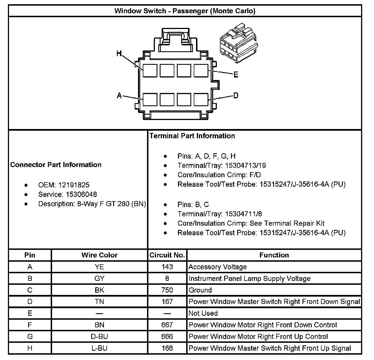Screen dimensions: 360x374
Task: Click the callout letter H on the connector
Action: click(119, 53)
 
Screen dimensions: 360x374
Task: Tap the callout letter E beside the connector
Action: click(236, 75)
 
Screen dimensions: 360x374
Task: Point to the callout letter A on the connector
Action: click(119, 96)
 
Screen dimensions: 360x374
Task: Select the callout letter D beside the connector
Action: click(236, 95)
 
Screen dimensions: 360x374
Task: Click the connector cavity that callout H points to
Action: click(150, 70)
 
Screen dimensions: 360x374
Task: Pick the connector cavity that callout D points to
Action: click(201, 99)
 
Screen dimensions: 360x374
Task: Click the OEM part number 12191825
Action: click(74, 185)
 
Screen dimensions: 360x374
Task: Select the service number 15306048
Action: click(81, 194)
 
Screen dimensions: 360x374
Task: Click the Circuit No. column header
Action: click(167, 255)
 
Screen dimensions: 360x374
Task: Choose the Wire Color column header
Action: click(99, 255)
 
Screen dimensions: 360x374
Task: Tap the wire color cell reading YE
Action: click(99, 267)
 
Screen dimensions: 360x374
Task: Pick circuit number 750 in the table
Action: click(167, 290)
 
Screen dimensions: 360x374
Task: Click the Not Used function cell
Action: click(203, 313)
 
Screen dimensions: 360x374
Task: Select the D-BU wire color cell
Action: click(99, 337)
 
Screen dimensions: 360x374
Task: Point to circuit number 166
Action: click(167, 348)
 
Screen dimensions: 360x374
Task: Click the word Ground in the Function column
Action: click(200, 290)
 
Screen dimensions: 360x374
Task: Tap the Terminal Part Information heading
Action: click(192, 136)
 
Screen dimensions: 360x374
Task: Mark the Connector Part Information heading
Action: click(56, 165)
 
